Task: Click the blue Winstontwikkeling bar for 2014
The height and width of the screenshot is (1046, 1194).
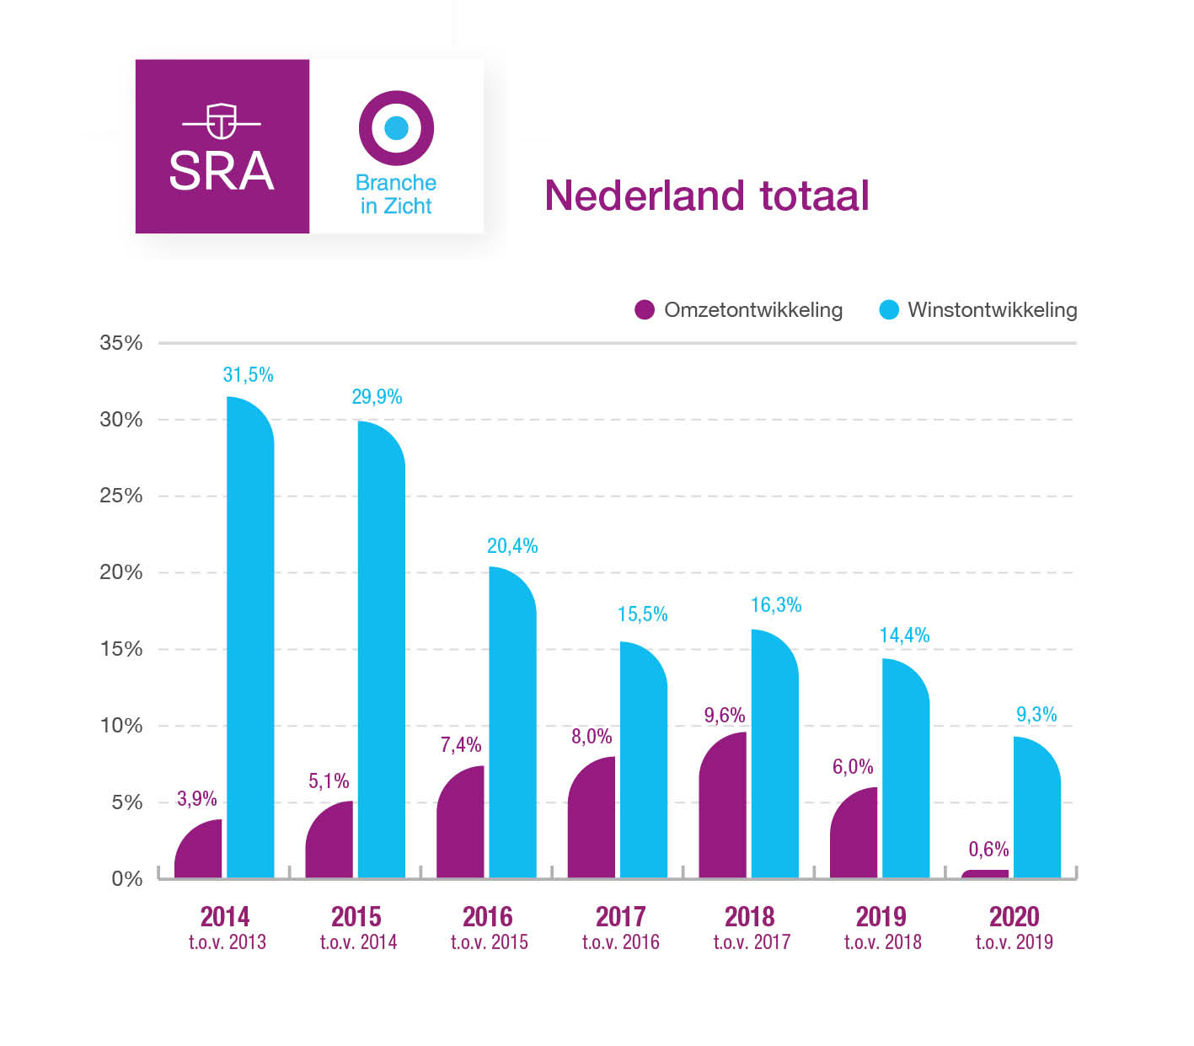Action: pos(250,641)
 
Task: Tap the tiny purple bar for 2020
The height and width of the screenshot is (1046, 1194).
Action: pos(984,874)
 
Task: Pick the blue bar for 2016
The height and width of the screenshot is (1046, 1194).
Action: pos(512,725)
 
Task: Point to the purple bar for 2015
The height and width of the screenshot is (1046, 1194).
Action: pos(329,841)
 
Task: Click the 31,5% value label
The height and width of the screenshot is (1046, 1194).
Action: pos(248,375)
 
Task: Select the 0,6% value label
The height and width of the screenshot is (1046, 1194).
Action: pos(988,850)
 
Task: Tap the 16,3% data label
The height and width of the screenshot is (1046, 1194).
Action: pos(775,605)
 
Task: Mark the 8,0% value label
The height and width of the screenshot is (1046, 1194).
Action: pos(592,737)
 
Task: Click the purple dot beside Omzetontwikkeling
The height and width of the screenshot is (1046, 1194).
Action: pos(645,310)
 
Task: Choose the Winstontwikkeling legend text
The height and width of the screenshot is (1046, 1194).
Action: pos(992,310)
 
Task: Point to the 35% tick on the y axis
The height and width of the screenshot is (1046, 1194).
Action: pos(121,343)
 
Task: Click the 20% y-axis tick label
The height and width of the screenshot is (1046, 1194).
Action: pos(121,572)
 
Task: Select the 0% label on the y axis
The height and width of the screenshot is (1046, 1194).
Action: pos(127,879)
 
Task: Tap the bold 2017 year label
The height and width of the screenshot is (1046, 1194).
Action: pos(620,917)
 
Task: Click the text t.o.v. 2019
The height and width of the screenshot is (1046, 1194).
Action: pos(1014,942)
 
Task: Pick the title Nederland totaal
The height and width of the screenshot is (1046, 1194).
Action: pos(706,196)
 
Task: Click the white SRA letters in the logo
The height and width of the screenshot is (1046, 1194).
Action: pos(222,171)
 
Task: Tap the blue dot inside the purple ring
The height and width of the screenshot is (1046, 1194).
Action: pos(396,128)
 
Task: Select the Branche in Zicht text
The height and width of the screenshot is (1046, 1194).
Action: pos(396,195)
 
